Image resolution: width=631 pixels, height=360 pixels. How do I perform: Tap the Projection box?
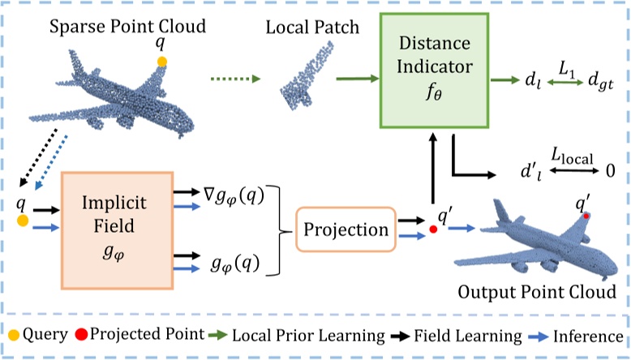point(346,229)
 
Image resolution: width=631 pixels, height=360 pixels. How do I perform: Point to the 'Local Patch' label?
point(302,28)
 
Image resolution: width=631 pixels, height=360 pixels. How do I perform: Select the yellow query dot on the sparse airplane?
point(162,62)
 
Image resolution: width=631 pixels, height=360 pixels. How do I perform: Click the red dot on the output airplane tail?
point(586,216)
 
